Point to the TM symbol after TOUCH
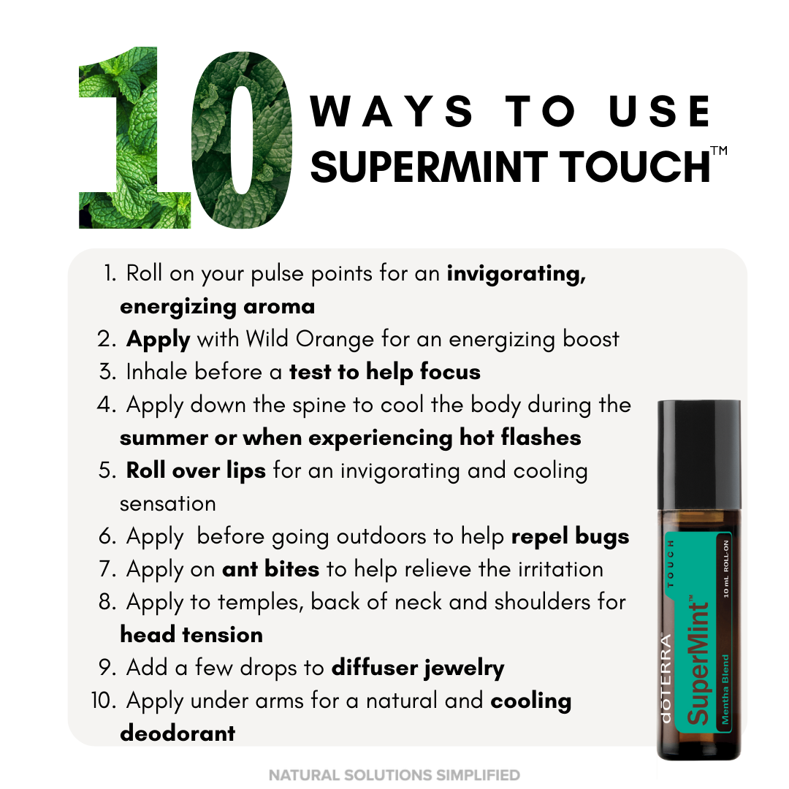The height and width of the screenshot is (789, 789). pos(719,151)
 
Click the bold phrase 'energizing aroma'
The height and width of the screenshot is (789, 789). pos(217,306)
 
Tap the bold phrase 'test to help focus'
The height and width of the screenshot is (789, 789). pos(384,372)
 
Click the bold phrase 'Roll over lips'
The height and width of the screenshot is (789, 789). pos(195,470)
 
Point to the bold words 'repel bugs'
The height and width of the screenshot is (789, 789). pos(570,536)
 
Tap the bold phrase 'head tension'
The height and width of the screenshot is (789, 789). pos(191,635)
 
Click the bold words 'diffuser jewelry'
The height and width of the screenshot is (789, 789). pos(417,668)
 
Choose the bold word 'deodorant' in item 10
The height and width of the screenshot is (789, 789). pos(178,733)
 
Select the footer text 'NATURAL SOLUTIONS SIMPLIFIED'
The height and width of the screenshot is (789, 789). pos(394,774)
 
